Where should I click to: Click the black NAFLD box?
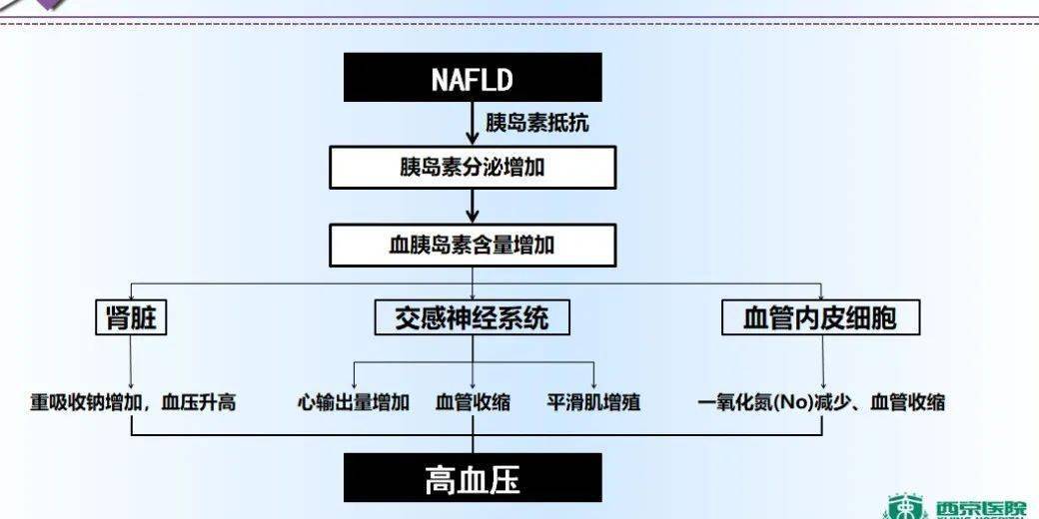click(473, 78)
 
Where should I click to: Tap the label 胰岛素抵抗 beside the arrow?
click(536, 123)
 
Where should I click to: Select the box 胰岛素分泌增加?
click(473, 167)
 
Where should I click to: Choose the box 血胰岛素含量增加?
click(473, 246)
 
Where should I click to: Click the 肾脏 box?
click(131, 318)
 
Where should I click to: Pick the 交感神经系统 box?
click(472, 318)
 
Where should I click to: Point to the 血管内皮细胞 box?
click(820, 318)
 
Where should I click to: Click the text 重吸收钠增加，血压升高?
click(133, 402)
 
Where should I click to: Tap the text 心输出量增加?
click(354, 402)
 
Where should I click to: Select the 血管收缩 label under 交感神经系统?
click(473, 402)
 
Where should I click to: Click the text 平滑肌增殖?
click(593, 402)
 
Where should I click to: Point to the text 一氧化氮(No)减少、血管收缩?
click(821, 402)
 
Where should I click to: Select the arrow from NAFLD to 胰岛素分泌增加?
click(473, 123)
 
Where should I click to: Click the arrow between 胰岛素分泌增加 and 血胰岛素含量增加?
click(473, 206)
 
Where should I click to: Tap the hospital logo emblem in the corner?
click(907, 507)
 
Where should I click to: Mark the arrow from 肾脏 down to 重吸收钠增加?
click(131, 362)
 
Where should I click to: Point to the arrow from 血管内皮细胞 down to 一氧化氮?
click(822, 362)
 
